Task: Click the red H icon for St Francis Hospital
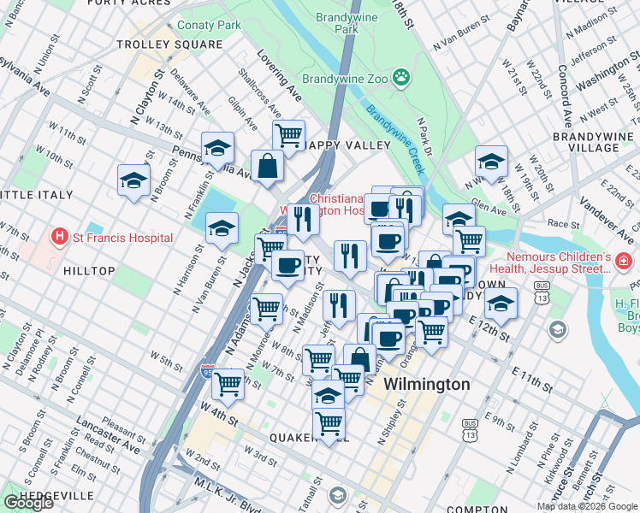[x=59, y=237]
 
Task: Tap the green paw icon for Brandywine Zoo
[x=401, y=79]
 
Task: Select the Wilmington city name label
[x=427, y=385]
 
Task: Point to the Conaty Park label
[x=209, y=26]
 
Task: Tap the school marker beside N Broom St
[x=134, y=180]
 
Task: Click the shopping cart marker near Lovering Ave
[x=289, y=134]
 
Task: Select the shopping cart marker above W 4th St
[x=228, y=384]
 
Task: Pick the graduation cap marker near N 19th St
[x=491, y=161]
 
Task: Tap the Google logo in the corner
[x=28, y=503]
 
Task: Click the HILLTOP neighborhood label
[x=88, y=271]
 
